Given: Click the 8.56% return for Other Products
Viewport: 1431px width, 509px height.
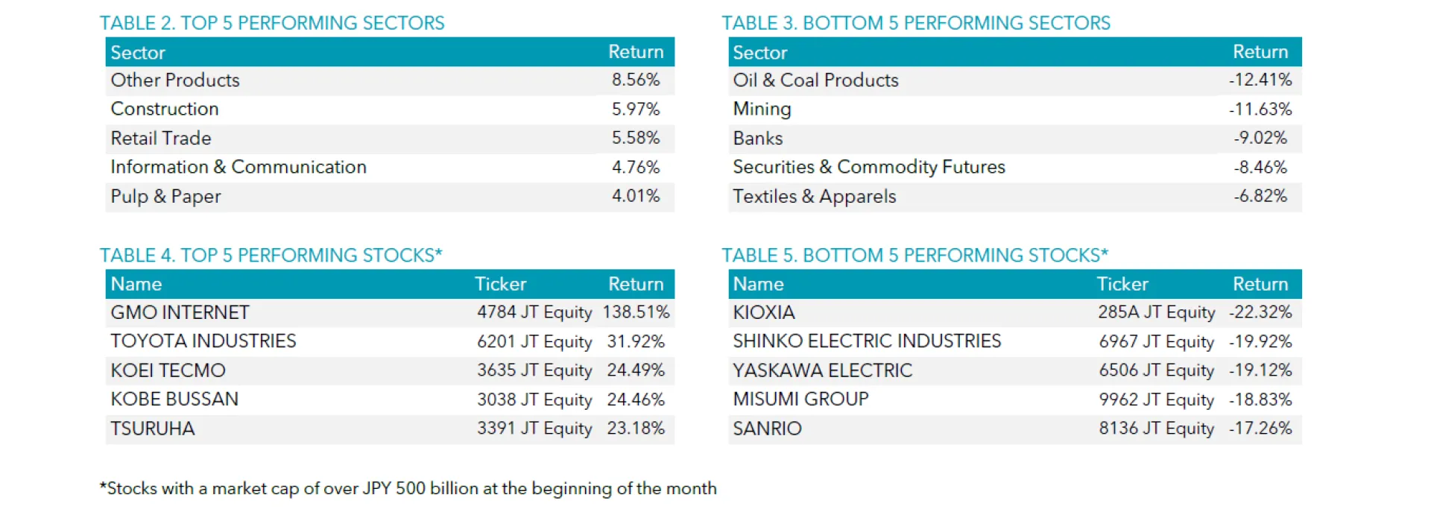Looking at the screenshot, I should pyautogui.click(x=635, y=80).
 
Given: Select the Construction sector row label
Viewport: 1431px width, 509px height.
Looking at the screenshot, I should pyautogui.click(x=165, y=109).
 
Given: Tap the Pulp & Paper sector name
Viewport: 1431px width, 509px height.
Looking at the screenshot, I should pyautogui.click(x=165, y=197).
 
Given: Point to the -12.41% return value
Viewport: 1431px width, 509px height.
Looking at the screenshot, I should pyautogui.click(x=1260, y=80).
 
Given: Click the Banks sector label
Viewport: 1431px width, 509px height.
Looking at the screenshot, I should pyautogui.click(x=757, y=139).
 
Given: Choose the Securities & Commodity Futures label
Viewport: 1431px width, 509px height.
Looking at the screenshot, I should pyautogui.click(x=868, y=167).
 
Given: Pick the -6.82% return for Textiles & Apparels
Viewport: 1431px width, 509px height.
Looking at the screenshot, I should pyautogui.click(x=1260, y=196).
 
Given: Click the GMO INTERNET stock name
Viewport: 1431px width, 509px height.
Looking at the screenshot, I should pyautogui.click(x=180, y=312).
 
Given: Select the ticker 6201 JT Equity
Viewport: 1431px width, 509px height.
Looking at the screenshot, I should pyautogui.click(x=534, y=341).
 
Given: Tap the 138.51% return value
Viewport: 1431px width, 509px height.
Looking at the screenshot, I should pyautogui.click(x=636, y=312).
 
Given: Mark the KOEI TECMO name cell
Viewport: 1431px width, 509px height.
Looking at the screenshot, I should pyautogui.click(x=168, y=370).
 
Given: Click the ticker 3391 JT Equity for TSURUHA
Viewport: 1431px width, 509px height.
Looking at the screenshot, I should pyautogui.click(x=534, y=429).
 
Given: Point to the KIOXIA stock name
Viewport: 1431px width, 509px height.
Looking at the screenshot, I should pyautogui.click(x=763, y=312).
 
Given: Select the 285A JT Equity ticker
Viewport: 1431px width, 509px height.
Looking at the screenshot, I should pyautogui.click(x=1156, y=312).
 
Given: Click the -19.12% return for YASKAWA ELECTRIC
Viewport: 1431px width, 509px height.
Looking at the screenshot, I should pyautogui.click(x=1260, y=370).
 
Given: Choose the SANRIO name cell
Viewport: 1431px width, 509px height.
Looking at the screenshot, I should pyautogui.click(x=767, y=429).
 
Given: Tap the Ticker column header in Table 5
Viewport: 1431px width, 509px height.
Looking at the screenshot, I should pyautogui.click(x=1122, y=284).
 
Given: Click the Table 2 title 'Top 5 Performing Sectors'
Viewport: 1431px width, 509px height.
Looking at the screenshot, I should pyautogui.click(x=272, y=23).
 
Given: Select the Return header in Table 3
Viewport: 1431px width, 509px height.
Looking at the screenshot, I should pyautogui.click(x=1260, y=52).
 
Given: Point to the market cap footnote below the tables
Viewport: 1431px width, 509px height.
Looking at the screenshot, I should pyautogui.click(x=408, y=489).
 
